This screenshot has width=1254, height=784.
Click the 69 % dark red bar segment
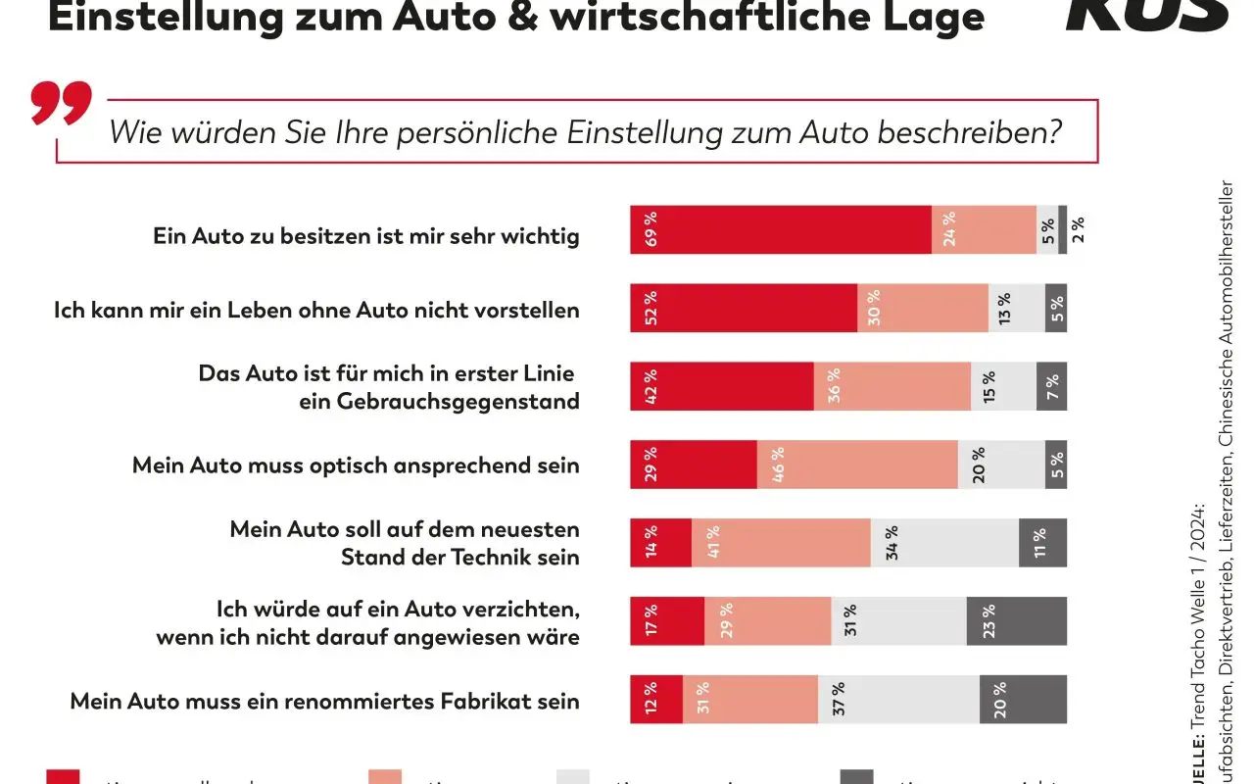[x=781, y=229]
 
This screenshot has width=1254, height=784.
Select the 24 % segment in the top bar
[x=984, y=229]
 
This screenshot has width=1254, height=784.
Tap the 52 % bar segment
[x=744, y=308]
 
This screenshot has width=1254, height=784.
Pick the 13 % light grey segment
[x=1016, y=308]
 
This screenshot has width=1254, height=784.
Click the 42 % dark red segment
[x=722, y=386]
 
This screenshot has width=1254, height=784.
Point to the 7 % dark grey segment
[x=1055, y=386]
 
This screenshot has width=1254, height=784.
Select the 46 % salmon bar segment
[x=857, y=465]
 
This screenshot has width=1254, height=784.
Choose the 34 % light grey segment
[x=944, y=543]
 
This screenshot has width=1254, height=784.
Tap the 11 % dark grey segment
[x=1042, y=543]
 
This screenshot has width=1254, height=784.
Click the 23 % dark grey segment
[x=1016, y=621]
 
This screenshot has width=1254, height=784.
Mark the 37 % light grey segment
[x=898, y=700]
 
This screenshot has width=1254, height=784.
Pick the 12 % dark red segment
[x=656, y=700]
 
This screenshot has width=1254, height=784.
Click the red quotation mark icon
[x=61, y=102]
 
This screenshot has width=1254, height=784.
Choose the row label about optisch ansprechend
[x=356, y=465]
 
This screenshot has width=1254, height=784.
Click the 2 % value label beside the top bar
[x=1078, y=229]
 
